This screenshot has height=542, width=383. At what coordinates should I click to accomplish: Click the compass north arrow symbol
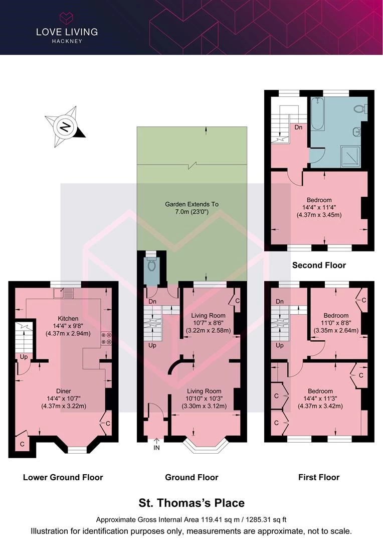[65, 127]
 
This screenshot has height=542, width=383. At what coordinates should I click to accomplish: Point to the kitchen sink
[64, 293]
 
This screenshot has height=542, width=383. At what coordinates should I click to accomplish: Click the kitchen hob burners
[106, 338]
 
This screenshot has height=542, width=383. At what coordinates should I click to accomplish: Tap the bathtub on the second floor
[317, 113]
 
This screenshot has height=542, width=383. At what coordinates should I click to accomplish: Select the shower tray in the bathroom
[350, 156]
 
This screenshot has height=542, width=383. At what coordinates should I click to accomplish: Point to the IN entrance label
[156, 448]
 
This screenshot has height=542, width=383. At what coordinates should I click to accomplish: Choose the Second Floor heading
[319, 265]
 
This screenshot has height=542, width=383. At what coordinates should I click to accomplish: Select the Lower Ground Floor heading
[63, 477]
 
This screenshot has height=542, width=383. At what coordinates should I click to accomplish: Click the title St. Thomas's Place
[192, 502]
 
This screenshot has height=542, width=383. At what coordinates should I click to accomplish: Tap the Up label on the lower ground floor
[24, 357]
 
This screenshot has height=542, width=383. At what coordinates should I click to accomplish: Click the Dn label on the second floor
[298, 127]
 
